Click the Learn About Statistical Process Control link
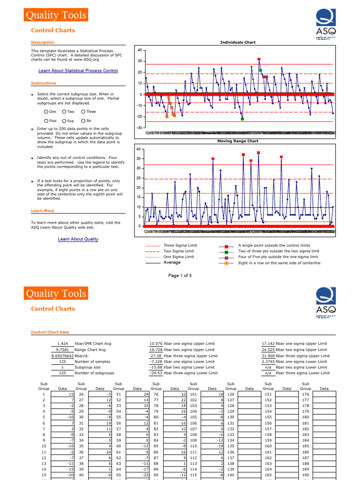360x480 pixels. tap(78, 71)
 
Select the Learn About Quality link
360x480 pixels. tap(78, 239)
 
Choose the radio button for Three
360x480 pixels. tap(83, 112)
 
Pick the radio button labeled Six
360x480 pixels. tap(83, 121)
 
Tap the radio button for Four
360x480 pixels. tap(46, 121)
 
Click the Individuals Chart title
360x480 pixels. tap(238, 43)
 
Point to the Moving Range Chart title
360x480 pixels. tap(238, 141)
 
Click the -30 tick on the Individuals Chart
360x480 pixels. tap(139, 128)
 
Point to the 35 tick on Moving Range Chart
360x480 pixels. tap(138, 159)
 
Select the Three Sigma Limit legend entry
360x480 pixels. tap(178, 246)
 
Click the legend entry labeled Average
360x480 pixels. tap(172, 263)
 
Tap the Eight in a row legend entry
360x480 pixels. tap(279, 263)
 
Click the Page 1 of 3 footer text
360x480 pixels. tap(180, 276)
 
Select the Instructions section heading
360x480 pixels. tap(44, 83)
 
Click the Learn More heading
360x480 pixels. tap(42, 211)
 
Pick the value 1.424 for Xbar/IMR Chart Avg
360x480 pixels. tap(62, 344)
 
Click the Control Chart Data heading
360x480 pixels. tap(50, 332)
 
